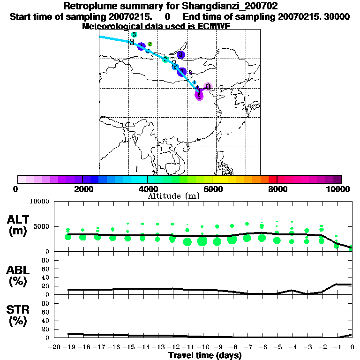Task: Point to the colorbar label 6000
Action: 212,189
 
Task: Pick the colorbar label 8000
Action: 277,189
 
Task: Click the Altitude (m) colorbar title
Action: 174,196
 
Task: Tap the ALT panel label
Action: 19,219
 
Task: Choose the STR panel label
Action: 19,309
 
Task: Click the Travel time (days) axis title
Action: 204,355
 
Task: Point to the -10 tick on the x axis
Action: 202,347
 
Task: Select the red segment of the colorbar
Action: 272,179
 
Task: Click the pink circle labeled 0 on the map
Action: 208,87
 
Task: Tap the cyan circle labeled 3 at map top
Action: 134,35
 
